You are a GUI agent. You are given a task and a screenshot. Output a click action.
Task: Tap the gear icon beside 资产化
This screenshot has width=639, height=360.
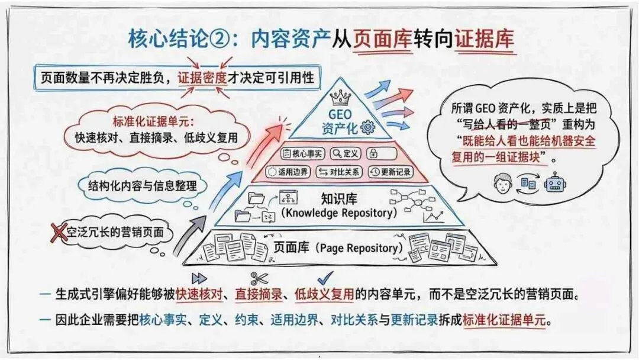(x=368, y=126)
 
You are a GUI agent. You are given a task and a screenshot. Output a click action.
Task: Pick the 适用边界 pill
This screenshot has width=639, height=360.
(x=288, y=172)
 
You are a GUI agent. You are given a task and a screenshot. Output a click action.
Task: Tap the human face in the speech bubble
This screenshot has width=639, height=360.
(x=502, y=183)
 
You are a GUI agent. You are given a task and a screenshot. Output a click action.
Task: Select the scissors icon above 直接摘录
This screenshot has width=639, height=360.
(x=259, y=279)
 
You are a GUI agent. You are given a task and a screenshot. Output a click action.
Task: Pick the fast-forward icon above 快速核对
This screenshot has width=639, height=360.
(x=199, y=279)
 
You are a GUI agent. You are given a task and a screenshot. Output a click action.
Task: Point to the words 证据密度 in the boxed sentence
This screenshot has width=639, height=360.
(x=203, y=78)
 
